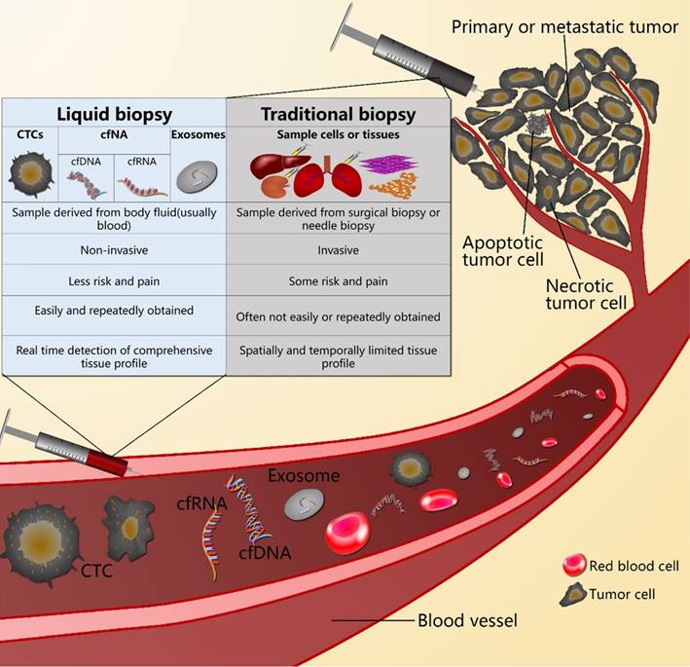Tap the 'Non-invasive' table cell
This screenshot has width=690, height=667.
point(115,249)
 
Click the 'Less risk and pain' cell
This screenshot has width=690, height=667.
point(115,281)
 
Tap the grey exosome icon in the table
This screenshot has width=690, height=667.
point(197,175)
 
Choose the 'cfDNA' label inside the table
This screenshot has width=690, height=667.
point(85,161)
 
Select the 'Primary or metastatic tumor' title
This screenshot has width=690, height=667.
point(565,26)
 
